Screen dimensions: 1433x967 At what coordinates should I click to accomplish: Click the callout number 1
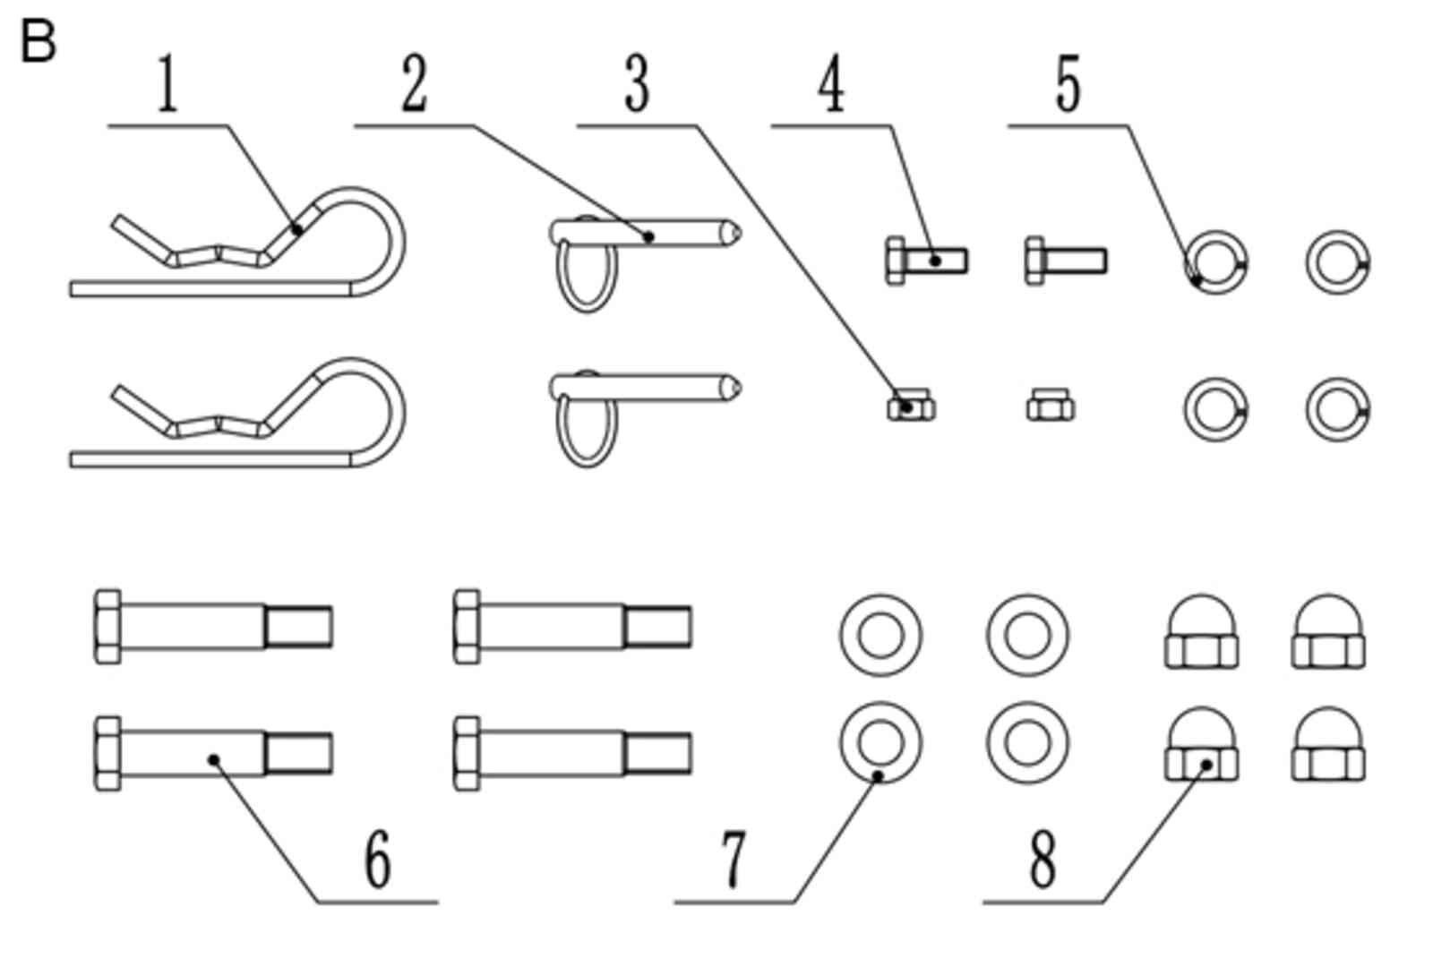[x=167, y=85]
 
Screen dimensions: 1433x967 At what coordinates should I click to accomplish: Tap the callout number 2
[x=413, y=85]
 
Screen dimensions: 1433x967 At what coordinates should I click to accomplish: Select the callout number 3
[x=636, y=85]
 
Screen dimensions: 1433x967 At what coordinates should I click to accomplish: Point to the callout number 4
[x=831, y=85]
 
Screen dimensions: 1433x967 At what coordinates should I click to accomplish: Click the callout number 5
[x=1068, y=85]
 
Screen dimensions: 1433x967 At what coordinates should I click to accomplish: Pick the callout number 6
[x=378, y=860]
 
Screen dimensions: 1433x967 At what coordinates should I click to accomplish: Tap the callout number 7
[x=734, y=860]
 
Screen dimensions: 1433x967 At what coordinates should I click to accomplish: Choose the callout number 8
[x=1043, y=860]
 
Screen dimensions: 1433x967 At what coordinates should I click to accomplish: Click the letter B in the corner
[x=38, y=42]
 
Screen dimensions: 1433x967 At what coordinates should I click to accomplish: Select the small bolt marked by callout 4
[x=926, y=261]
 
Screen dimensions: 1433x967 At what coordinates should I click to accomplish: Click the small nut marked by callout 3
[x=911, y=407]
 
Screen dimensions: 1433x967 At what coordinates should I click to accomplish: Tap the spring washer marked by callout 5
[x=1215, y=262]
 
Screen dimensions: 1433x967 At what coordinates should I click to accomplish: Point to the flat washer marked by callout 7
[x=880, y=742]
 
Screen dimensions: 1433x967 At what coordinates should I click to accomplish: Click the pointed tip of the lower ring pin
[x=734, y=389]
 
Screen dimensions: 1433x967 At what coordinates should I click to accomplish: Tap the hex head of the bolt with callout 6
[x=107, y=753]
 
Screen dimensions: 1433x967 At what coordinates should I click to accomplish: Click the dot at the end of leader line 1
[x=297, y=230]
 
